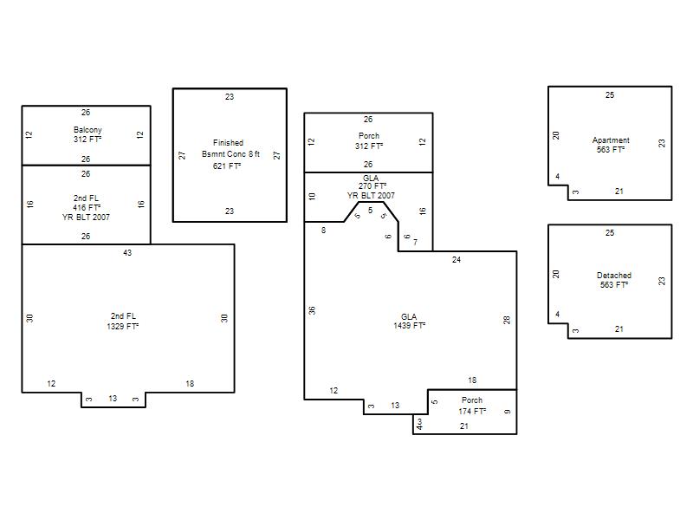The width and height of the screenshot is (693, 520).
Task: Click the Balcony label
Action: (87, 129)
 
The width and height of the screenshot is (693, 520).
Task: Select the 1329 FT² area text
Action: (122, 327)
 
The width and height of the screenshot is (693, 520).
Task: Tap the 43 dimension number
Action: (127, 253)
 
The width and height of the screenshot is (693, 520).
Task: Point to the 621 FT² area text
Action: (227, 166)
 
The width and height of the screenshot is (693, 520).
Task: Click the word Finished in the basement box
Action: (228, 142)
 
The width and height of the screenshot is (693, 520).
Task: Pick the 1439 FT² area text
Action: (409, 326)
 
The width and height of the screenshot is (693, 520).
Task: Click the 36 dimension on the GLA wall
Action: (312, 310)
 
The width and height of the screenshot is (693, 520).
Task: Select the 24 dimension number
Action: (457, 260)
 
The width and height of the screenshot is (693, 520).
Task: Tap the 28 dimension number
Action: (507, 320)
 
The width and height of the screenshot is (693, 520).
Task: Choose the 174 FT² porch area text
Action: (472, 411)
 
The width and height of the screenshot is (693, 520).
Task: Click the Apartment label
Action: (611, 140)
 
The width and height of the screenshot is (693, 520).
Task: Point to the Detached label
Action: (614, 275)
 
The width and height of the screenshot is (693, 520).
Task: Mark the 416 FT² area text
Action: (87, 207)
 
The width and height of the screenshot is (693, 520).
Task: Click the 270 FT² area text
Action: (372, 186)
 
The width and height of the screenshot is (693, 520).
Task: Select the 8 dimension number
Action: (323, 230)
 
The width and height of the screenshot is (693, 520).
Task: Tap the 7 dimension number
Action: (415, 243)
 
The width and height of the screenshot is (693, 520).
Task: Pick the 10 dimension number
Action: (312, 197)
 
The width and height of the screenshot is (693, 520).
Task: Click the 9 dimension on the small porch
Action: (507, 411)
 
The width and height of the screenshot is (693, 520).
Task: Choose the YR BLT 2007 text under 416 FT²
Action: (86, 218)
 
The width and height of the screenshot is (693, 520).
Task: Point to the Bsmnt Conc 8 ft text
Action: (230, 154)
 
